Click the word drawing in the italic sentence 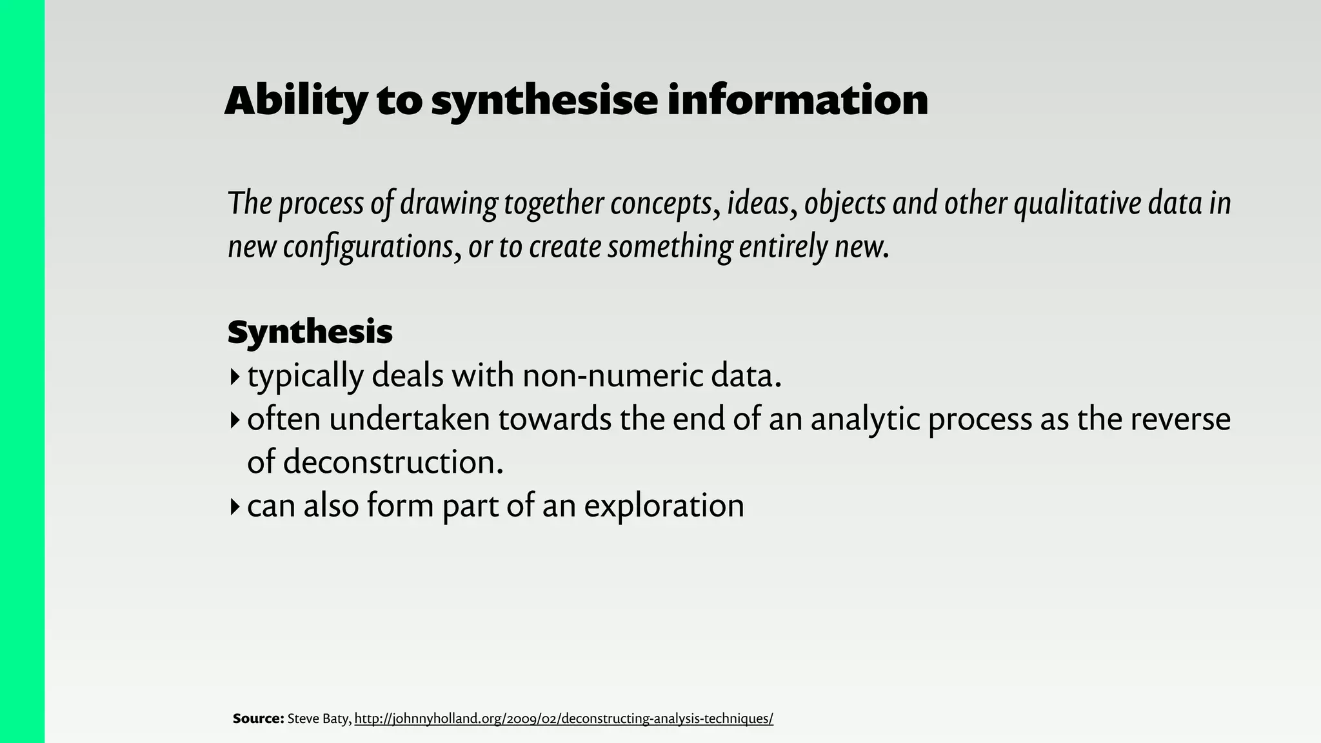click(448, 204)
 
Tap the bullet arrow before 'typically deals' click(234, 376)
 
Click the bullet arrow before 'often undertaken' click(234, 420)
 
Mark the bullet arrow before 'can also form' click(234, 506)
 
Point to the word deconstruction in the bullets click(393, 462)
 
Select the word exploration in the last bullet click(664, 506)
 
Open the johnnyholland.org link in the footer click(564, 718)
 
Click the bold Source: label click(258, 718)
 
